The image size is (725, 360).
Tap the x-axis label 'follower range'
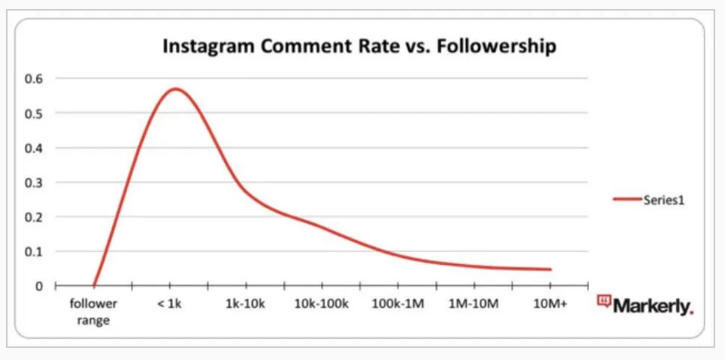pos(94,312)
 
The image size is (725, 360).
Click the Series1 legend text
pos(664,200)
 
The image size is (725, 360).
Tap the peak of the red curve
pos(175,89)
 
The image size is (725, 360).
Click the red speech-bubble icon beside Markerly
pos(603,302)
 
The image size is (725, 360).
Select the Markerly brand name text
pos(652,306)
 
